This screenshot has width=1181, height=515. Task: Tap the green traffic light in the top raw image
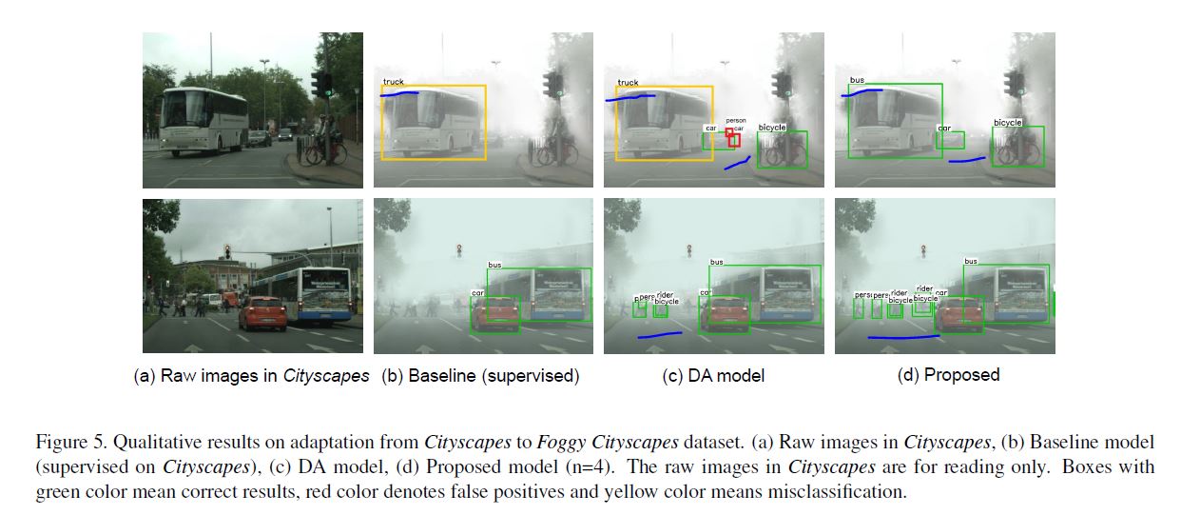[x=326, y=91]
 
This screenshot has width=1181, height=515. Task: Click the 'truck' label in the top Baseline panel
[x=393, y=82]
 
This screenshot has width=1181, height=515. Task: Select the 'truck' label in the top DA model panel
[x=628, y=83]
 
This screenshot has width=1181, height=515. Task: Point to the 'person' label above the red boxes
[x=735, y=121]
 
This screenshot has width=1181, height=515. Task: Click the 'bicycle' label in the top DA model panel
[x=772, y=127]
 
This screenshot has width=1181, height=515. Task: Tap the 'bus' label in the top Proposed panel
[x=857, y=80]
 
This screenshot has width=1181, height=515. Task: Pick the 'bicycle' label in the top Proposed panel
[x=1007, y=123]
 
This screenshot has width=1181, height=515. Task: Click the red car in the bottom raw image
[x=261, y=312]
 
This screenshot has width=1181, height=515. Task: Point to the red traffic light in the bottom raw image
[x=227, y=251]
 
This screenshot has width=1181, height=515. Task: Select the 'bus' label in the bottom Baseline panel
[x=494, y=265]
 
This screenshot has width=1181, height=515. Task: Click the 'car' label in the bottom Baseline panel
[x=478, y=293]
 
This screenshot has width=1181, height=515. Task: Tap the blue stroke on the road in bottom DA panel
[x=660, y=334]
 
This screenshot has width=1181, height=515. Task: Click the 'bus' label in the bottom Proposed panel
[x=970, y=261]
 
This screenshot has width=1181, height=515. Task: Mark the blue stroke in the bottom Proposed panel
[x=903, y=337]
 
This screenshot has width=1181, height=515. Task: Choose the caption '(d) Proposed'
[x=948, y=375]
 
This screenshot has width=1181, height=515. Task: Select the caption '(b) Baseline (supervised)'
[x=479, y=375]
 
